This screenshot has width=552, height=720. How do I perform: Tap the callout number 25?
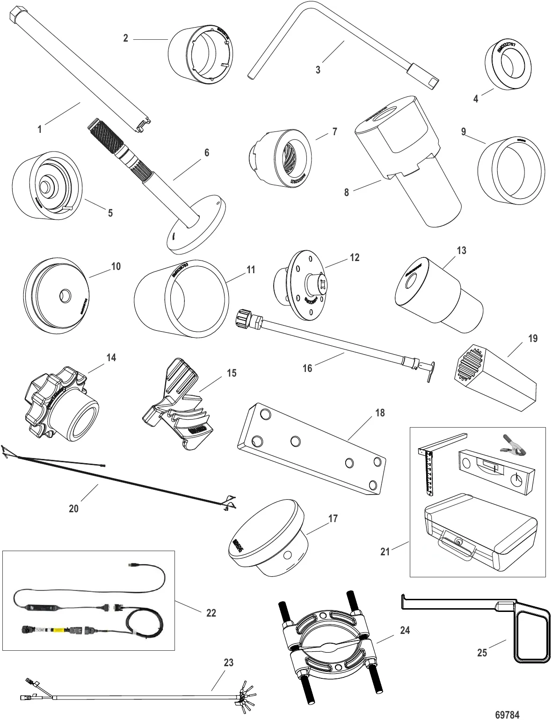(482, 652)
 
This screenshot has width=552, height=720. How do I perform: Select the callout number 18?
(380, 413)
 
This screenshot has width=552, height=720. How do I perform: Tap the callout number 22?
(211, 612)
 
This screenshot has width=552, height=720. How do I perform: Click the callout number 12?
(355, 257)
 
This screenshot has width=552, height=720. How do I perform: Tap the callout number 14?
(111, 358)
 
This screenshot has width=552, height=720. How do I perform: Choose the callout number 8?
(346, 192)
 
